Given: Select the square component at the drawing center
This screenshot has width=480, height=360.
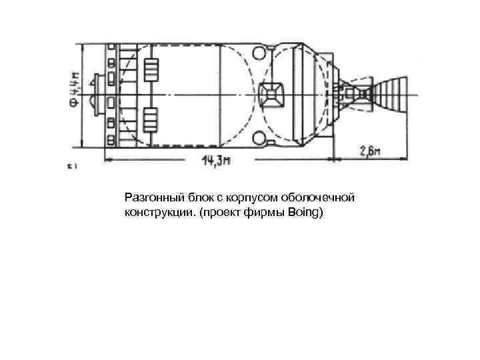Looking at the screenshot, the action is [x=272, y=93].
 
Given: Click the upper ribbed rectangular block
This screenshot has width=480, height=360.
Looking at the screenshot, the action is [x=151, y=69].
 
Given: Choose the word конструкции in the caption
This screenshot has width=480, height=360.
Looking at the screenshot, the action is [x=154, y=213].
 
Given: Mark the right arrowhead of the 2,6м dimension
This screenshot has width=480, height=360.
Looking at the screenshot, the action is [x=408, y=159].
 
